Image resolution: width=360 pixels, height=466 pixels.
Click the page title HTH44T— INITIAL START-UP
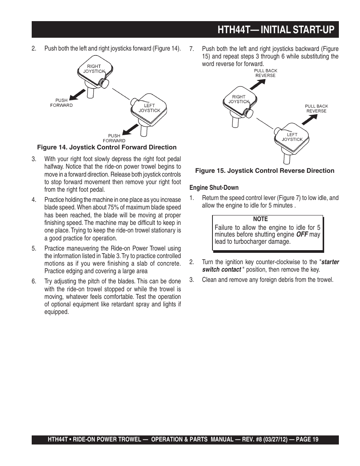tap(276, 30)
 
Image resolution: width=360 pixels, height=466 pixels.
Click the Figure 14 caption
tap(106, 148)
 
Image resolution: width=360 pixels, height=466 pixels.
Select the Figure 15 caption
tap(265, 171)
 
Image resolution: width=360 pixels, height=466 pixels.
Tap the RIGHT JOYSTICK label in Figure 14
tap(94, 69)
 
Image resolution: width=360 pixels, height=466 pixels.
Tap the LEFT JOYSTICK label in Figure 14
tap(149, 108)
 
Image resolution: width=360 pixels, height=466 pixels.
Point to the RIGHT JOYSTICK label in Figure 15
tap(238, 99)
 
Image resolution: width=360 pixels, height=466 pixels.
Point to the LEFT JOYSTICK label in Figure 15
tap(292, 137)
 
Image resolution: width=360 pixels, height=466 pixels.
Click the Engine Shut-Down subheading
tap(214, 188)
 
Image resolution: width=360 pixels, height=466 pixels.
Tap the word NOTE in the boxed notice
tap(260, 219)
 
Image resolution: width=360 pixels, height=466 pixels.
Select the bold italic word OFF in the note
tap(302, 235)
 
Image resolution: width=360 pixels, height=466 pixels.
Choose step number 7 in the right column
tap(191, 49)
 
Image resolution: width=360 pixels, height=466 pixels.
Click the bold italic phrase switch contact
tap(222, 269)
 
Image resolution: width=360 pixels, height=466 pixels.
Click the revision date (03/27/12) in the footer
tap(269, 440)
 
